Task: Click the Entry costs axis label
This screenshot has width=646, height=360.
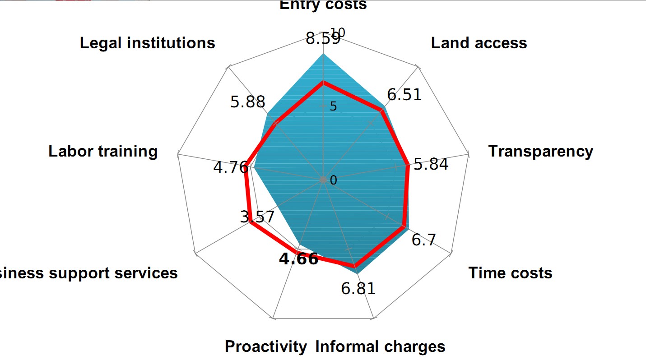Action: coord(323,5)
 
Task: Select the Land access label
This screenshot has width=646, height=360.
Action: coord(479,43)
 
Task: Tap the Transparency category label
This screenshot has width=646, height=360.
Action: coord(540,151)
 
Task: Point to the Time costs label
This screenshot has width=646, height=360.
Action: coord(510,273)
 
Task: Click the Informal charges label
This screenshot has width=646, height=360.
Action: coord(380,346)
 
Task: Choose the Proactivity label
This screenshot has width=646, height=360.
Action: coord(265,346)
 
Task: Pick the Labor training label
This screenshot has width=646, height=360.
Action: coord(103,151)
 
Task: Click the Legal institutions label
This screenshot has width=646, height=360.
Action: coord(148,43)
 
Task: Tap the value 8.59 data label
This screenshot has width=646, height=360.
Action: coord(323,39)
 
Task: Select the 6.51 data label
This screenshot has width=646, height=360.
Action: coord(404,95)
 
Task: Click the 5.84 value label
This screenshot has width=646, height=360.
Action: coord(431,165)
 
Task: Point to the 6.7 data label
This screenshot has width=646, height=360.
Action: coord(424,240)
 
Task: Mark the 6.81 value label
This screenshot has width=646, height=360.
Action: coord(358,288)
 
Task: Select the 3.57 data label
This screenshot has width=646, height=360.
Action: coord(257,217)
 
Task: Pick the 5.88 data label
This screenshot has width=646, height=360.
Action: coord(247,102)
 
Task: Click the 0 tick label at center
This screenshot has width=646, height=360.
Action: coord(334,180)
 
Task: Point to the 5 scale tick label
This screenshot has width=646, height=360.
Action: coord(333,106)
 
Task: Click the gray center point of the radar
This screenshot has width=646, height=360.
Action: coord(323,180)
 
